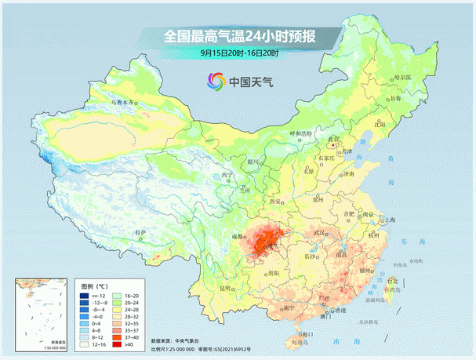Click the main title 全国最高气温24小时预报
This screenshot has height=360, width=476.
238,36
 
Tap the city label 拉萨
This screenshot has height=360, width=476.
140,232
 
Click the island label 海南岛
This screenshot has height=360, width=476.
294,343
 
